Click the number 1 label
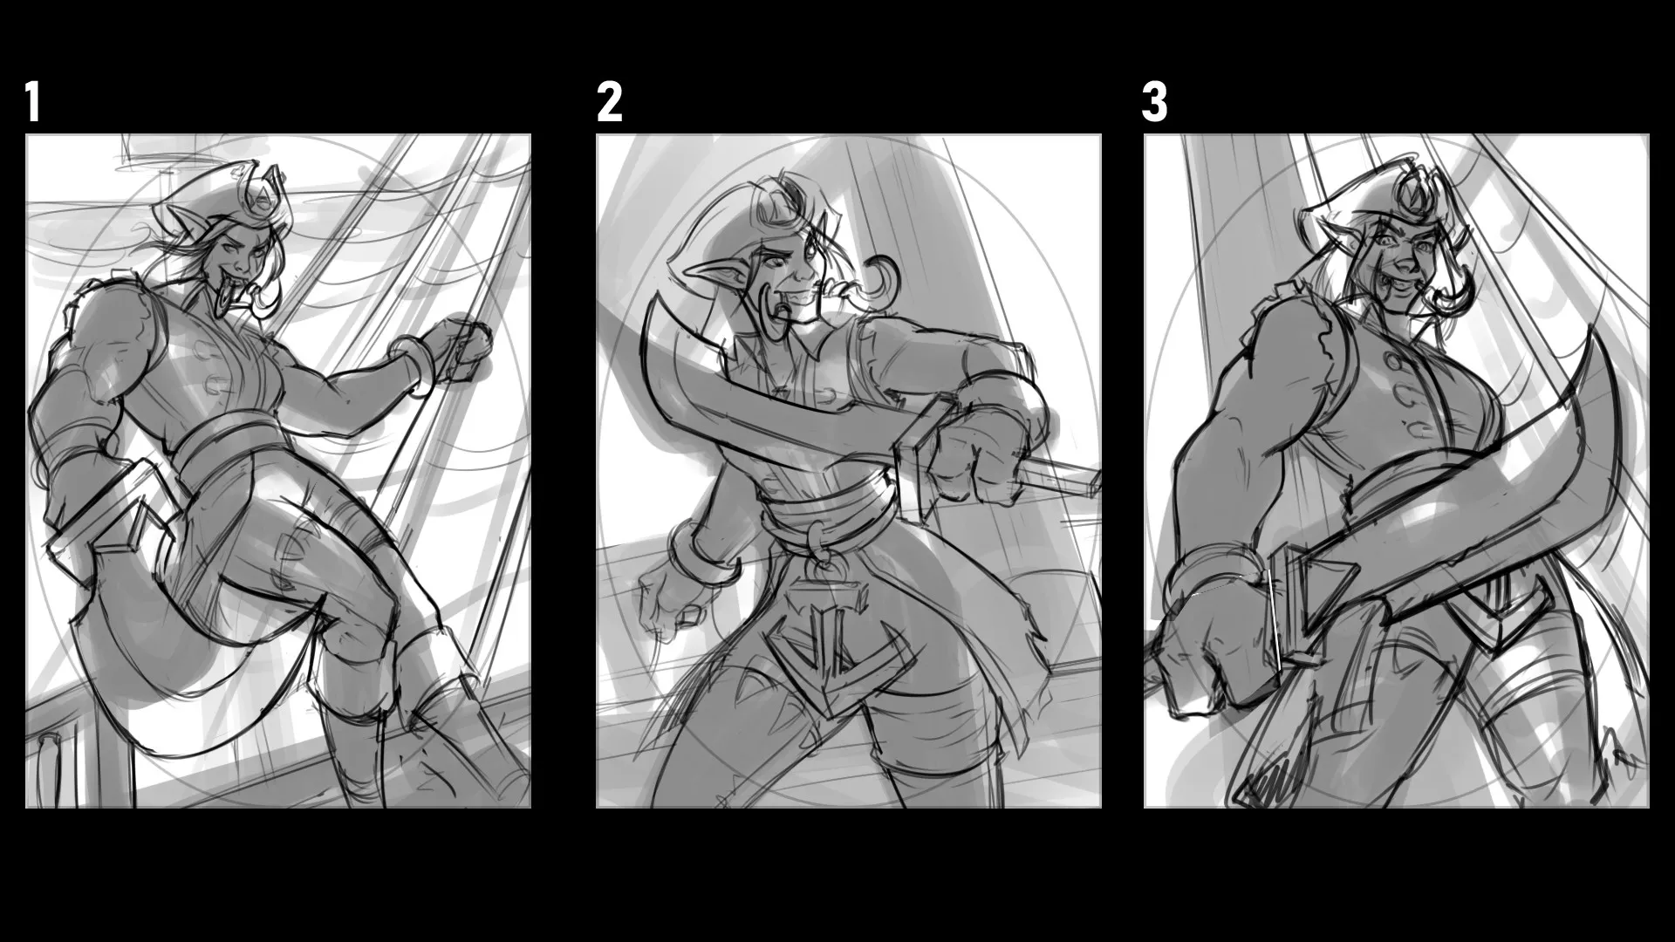coord(33,103)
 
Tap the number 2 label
coord(610,103)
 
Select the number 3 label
coord(1154,103)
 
